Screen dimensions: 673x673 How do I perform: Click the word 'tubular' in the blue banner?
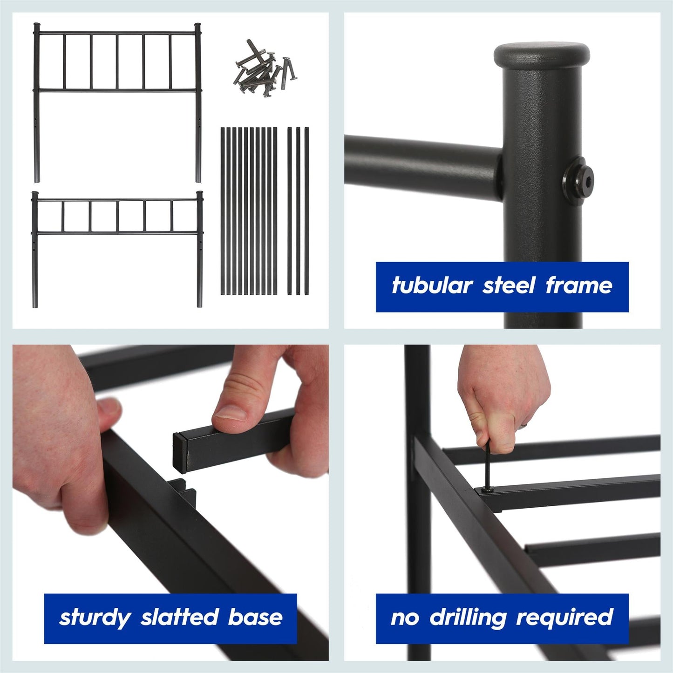tap(432, 286)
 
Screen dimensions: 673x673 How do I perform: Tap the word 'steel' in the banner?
tap(509, 286)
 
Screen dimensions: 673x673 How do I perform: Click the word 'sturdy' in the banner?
tap(95, 618)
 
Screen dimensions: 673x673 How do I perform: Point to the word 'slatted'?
tap(179, 618)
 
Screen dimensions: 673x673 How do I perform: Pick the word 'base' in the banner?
tap(255, 618)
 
